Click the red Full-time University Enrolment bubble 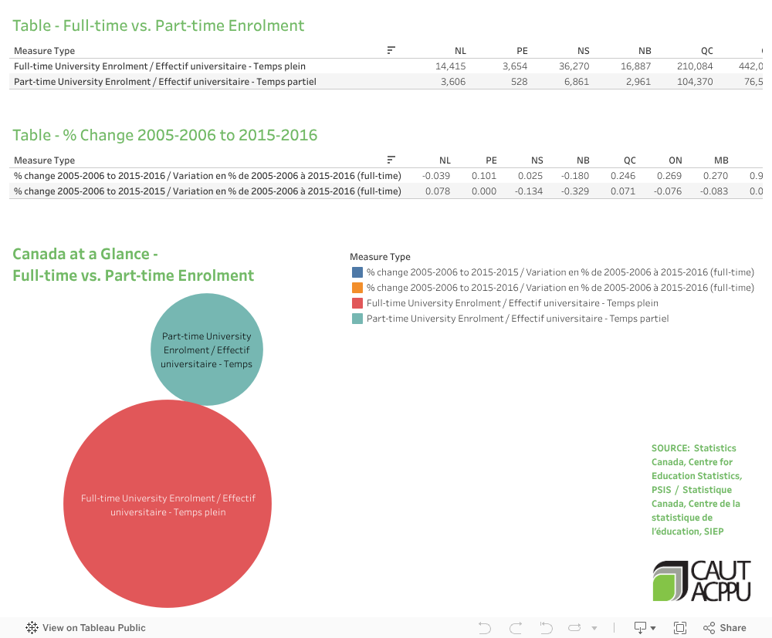tap(168, 503)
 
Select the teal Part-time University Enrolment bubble tap(206, 349)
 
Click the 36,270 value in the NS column tap(574, 66)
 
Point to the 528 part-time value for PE tap(519, 82)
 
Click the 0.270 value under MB tap(715, 176)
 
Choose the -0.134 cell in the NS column tap(529, 191)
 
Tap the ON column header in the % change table tap(675, 160)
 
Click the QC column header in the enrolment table tap(706, 51)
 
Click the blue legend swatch tap(357, 272)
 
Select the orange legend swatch tap(357, 288)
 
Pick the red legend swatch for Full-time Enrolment tap(357, 303)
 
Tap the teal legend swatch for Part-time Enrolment tap(357, 319)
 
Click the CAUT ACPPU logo tap(702, 581)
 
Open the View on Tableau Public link tap(86, 628)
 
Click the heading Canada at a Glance tap(86, 255)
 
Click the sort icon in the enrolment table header tap(391, 51)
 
